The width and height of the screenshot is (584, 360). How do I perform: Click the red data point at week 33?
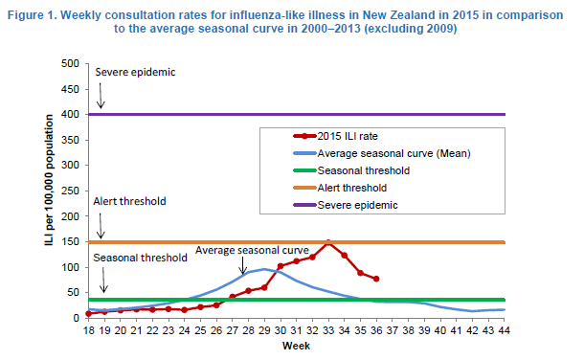tap(328, 243)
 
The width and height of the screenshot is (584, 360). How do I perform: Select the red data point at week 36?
tap(376, 279)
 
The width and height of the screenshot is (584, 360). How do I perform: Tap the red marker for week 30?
tap(281, 266)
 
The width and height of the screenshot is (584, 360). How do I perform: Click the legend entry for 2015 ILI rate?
tap(336, 136)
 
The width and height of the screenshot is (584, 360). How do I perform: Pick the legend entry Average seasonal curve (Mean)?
tap(382, 153)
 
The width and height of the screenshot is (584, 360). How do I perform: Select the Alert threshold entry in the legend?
tap(340, 188)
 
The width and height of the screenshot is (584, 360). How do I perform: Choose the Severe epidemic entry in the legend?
tap(346, 205)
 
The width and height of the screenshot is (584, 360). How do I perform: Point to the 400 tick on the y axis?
tap(71, 114)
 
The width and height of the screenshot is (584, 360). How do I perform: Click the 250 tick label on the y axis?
tap(71, 191)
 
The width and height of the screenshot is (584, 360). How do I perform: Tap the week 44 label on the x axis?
tap(504, 330)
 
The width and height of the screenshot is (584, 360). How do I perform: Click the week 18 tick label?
tap(89, 330)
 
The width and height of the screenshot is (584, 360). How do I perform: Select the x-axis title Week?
tap(296, 346)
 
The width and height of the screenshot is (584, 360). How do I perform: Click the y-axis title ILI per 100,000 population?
tap(49, 180)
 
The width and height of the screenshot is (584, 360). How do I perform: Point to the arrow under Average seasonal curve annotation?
tap(242, 265)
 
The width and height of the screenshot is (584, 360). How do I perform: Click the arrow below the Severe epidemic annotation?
tap(101, 96)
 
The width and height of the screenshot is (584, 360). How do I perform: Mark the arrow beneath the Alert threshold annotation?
tap(101, 226)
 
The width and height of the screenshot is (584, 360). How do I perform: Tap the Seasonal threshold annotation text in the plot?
tap(140, 258)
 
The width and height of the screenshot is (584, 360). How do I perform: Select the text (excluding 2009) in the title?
tap(411, 29)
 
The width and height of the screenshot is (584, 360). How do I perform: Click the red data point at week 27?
tap(233, 297)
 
